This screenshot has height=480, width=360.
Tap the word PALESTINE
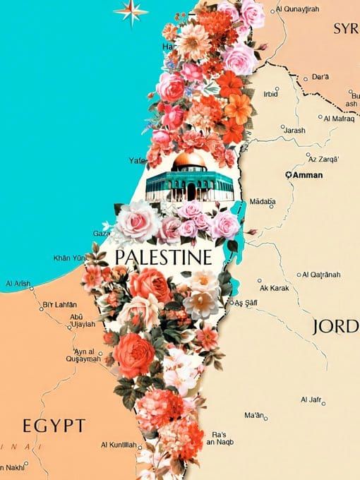pos(162,256)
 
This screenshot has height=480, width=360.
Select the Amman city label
pos(308,174)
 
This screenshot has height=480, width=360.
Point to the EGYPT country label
pos(54,426)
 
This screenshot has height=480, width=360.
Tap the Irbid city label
pos(270,93)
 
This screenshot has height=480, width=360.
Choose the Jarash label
pos(294,131)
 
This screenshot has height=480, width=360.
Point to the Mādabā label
pos(262,201)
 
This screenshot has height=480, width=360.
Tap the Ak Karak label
pos(273,288)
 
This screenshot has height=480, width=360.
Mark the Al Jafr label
pos(312,400)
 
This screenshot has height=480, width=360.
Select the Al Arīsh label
pos(18,284)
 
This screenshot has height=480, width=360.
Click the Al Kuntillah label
pos(119,445)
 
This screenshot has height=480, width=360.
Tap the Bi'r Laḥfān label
pos(60,305)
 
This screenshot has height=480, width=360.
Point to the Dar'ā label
pos(320,76)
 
